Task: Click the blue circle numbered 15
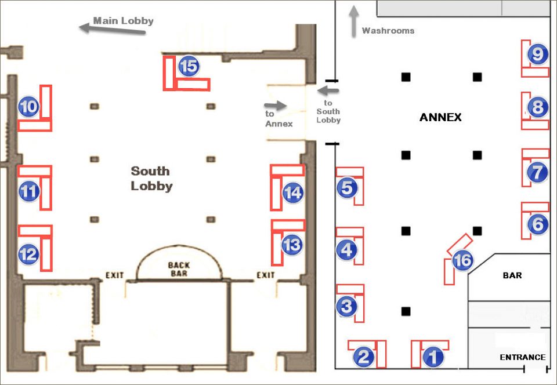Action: coord(189,66)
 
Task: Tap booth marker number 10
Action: coord(29,106)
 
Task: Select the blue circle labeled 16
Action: coord(462,261)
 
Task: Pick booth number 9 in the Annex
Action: coord(538,55)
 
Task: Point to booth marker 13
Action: coord(292,245)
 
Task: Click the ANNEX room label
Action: coord(440,117)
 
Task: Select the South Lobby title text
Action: coord(151,178)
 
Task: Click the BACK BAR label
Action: coord(179,269)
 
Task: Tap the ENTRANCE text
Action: coord(522,357)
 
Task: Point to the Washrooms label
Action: coord(388,30)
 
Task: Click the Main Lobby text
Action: coord(124,21)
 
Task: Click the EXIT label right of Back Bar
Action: coord(265,275)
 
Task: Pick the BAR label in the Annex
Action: coord(512,275)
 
